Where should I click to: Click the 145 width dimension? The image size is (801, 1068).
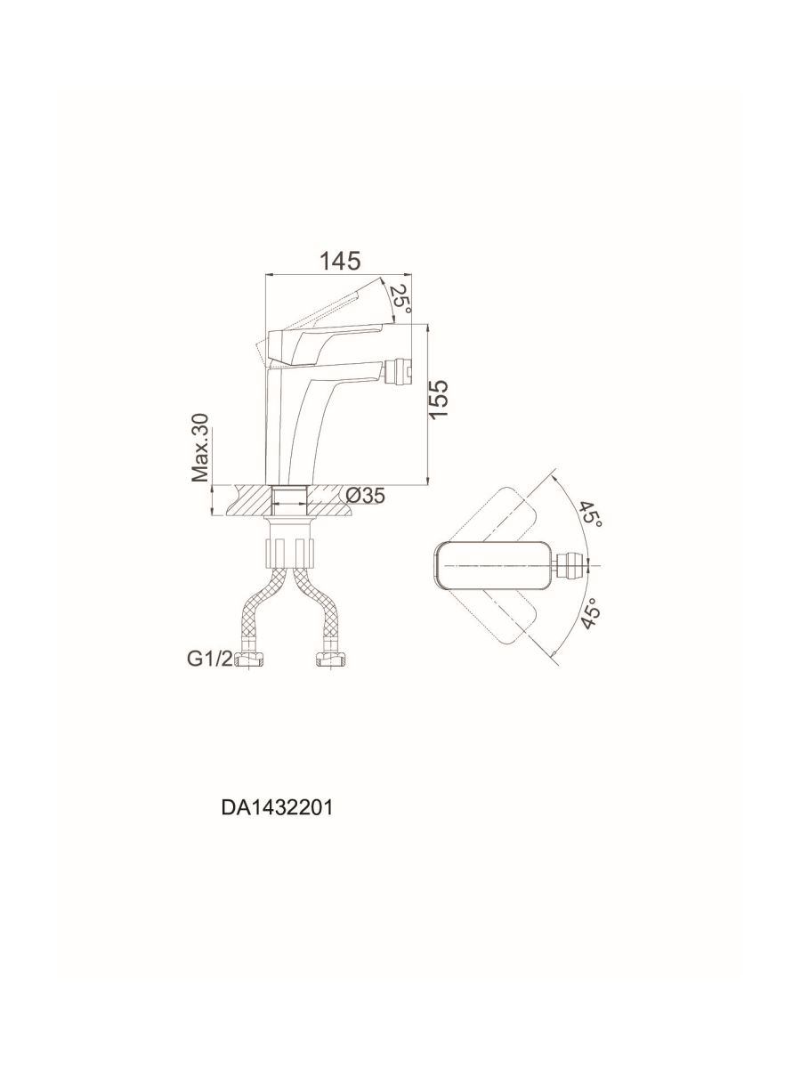coord(340,262)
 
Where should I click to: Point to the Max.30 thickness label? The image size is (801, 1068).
coord(199,448)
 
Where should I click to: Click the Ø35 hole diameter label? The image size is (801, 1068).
coord(365,496)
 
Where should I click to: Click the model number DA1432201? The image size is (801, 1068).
coord(277,808)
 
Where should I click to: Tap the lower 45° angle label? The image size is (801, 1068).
coord(591,614)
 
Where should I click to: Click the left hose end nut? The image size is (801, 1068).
coord(249,659)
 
